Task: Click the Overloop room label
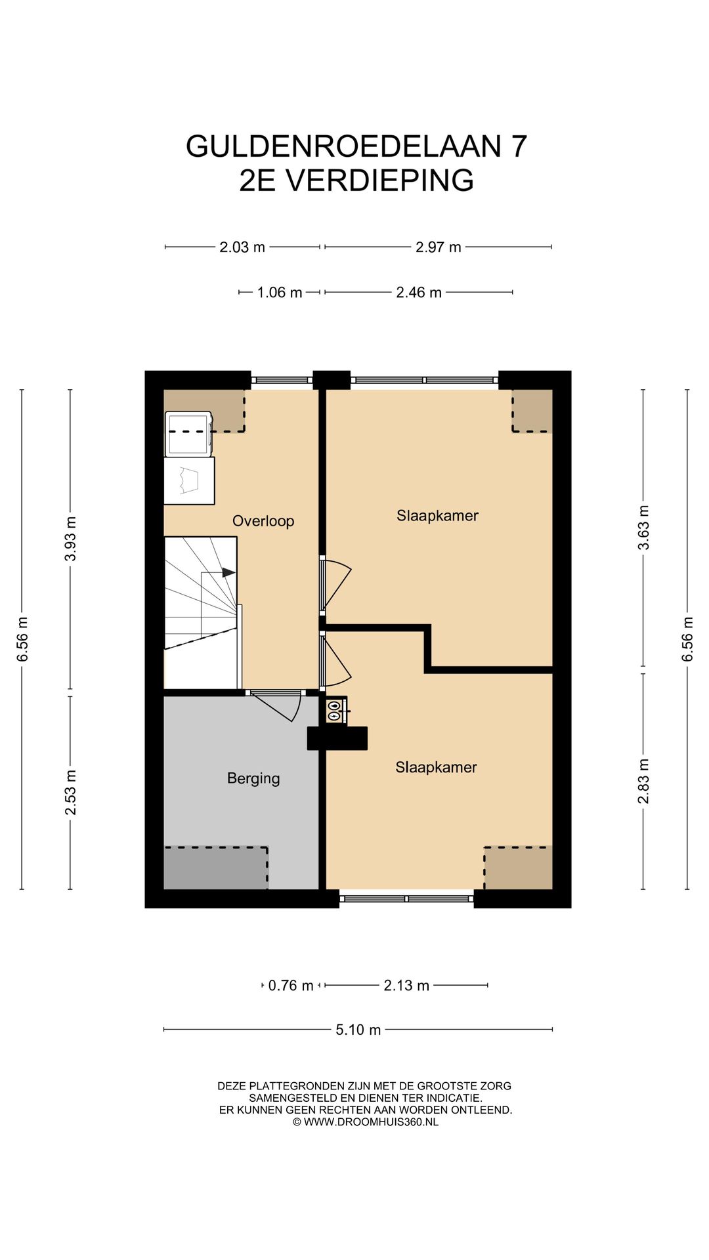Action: click(x=263, y=521)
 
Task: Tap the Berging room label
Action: click(x=253, y=778)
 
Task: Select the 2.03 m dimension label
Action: click(x=242, y=247)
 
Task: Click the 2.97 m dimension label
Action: click(x=438, y=247)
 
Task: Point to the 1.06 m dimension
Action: click(x=280, y=292)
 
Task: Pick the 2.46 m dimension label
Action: click(x=419, y=292)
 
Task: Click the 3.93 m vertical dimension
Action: click(x=70, y=539)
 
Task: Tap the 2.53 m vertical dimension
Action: click(x=70, y=793)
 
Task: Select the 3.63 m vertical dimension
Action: click(x=643, y=528)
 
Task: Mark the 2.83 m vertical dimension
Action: click(x=643, y=781)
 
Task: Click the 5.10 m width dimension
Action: click(x=358, y=1030)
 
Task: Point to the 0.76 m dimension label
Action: click(x=291, y=986)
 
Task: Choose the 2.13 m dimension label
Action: click(x=406, y=986)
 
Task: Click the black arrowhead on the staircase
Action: click(x=228, y=572)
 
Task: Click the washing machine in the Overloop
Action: click(x=188, y=434)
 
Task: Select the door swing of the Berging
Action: click(x=276, y=707)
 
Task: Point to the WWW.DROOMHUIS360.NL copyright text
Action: click(x=371, y=1122)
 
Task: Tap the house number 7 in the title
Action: click(x=519, y=146)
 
